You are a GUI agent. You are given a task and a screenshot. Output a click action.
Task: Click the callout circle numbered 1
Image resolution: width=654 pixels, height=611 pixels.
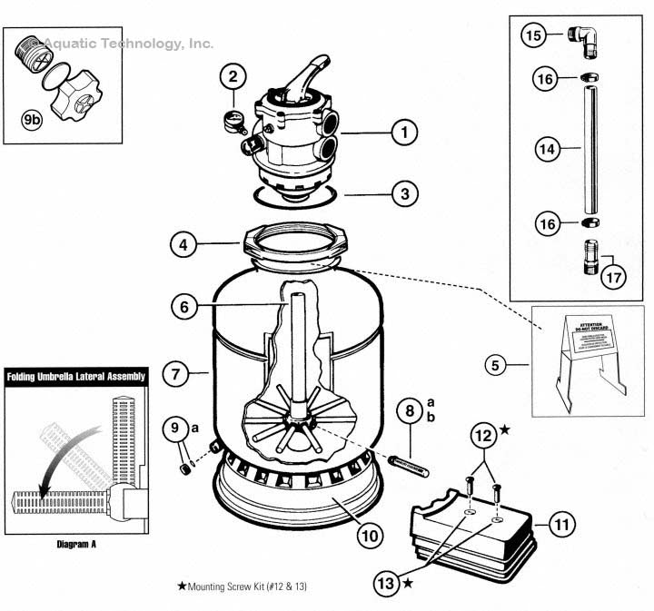(403, 133)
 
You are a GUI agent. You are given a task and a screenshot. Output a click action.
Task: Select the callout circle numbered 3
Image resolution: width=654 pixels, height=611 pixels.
(403, 193)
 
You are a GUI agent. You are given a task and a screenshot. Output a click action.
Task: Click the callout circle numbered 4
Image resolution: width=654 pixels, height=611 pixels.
(184, 243)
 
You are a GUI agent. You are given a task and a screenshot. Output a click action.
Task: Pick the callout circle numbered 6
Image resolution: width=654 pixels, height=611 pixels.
(183, 307)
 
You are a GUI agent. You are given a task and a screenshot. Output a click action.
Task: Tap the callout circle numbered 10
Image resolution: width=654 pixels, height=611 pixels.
(368, 536)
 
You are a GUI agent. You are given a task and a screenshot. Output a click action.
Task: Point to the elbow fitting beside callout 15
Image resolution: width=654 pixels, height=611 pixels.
(580, 35)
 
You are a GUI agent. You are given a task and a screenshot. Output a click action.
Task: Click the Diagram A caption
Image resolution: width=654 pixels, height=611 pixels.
(70, 546)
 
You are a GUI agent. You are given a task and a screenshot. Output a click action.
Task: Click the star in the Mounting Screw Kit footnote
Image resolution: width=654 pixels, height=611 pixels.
(182, 587)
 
